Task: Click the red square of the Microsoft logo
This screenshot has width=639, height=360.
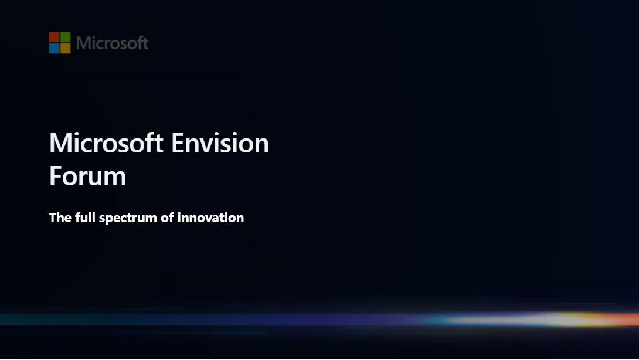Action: pyautogui.click(x=54, y=37)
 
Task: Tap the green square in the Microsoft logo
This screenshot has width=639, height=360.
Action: pyautogui.click(x=65, y=37)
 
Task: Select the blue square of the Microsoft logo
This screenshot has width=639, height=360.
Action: pyautogui.click(x=54, y=48)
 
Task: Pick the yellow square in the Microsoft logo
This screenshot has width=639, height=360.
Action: pyautogui.click(x=65, y=48)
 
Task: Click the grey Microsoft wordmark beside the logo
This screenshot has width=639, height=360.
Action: pyautogui.click(x=112, y=43)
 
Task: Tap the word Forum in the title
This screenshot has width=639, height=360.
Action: pyautogui.click(x=87, y=176)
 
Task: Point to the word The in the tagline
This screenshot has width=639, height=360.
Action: pyautogui.click(x=60, y=218)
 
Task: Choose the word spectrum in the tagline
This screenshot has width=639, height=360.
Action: pyautogui.click(x=128, y=218)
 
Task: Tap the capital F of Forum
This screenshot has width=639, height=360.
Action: pyautogui.click(x=55, y=176)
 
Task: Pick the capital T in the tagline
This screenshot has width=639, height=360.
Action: pyautogui.click(x=52, y=218)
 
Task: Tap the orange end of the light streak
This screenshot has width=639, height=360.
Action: pyautogui.click(x=630, y=319)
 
